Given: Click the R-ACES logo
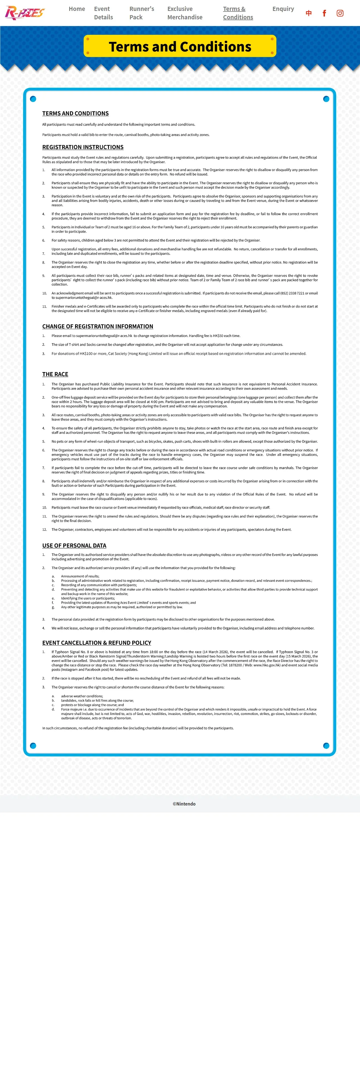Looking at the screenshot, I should [24, 13].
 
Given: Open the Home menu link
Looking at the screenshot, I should [77, 9].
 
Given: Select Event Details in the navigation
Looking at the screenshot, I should [103, 13].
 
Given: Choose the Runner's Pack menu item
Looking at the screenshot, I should [142, 13].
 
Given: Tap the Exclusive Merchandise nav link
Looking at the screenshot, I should [185, 13].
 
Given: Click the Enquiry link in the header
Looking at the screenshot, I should [283, 9].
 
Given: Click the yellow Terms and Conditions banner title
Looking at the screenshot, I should [180, 47].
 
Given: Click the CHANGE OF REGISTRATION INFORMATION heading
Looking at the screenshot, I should [98, 326].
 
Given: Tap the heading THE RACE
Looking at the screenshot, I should [55, 374].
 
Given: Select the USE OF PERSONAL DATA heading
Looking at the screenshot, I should [74, 545].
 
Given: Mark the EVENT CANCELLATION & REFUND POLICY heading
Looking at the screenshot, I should [97, 643].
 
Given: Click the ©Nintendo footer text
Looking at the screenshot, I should [184, 804].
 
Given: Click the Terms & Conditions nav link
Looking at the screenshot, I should [238, 13].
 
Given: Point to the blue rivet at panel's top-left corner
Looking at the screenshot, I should [33, 99].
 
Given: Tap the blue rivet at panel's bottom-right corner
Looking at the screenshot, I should [326, 746].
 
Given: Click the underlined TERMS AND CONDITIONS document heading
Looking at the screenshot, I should [75, 113].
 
